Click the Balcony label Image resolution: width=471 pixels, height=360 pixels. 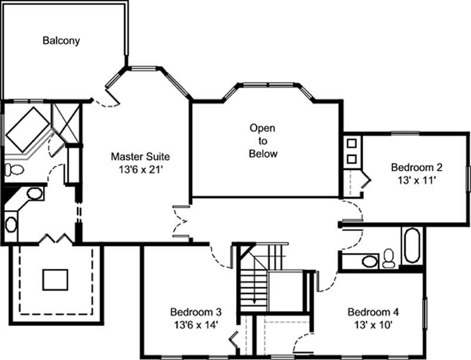tap(61, 41)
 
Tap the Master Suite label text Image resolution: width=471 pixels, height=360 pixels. tap(141, 157)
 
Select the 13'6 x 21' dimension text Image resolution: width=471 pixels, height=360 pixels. tap(141, 170)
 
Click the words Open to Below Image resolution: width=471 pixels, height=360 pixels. tap(262, 141)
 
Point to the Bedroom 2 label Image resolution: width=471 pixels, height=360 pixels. tap(416, 168)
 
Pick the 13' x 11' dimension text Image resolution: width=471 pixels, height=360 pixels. tap(416, 181)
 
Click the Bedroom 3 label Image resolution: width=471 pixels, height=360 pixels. tap(195, 312)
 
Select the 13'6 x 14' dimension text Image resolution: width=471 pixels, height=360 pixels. tap(195, 324)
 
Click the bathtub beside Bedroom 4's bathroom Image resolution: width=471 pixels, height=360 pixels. tap(412, 245)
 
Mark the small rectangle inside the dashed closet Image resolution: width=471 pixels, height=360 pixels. tap(56, 279)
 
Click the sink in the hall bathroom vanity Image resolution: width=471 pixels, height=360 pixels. tap(369, 261)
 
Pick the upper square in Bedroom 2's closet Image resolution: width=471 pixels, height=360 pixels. tap(351, 143)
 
